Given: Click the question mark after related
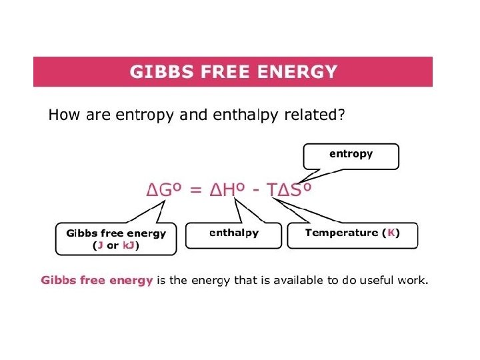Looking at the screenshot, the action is click(341, 115).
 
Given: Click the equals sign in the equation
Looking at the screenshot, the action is click(195, 190).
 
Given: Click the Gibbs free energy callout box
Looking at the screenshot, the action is click(116, 239).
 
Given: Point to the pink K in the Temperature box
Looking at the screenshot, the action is click(391, 233).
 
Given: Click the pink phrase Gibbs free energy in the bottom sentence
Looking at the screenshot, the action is click(97, 280).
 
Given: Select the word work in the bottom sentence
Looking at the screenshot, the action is click(411, 280).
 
